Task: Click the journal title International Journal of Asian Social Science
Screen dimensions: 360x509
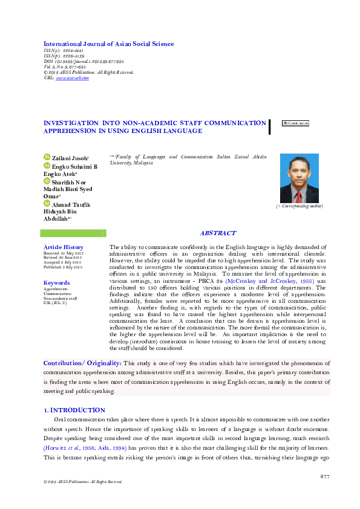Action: (108, 44)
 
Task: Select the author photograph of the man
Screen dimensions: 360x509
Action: (299, 178)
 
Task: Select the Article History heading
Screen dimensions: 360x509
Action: (64, 247)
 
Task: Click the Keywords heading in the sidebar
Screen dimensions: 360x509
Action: (56, 283)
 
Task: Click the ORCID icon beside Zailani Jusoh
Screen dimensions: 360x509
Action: (47, 157)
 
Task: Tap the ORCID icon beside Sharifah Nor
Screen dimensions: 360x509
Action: (47, 180)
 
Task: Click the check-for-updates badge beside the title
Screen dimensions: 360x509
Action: (295, 123)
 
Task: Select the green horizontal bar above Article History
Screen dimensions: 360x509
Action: (75, 233)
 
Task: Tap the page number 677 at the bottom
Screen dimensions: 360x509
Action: (324, 477)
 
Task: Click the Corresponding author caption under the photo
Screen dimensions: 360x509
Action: (299, 207)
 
